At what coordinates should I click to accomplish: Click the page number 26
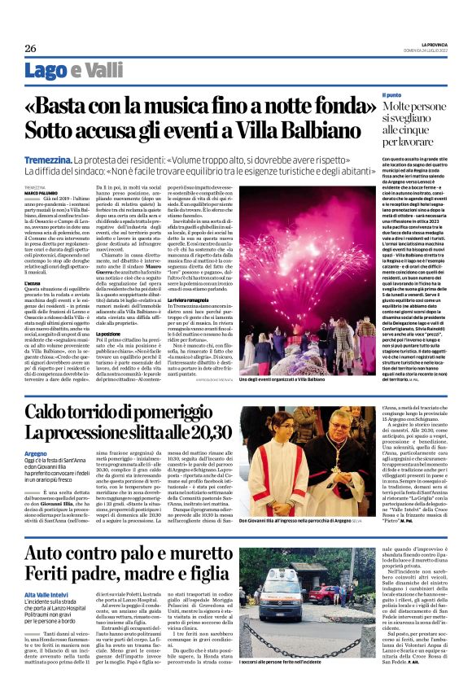pos(31,48)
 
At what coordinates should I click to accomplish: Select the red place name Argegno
pos(36,452)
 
